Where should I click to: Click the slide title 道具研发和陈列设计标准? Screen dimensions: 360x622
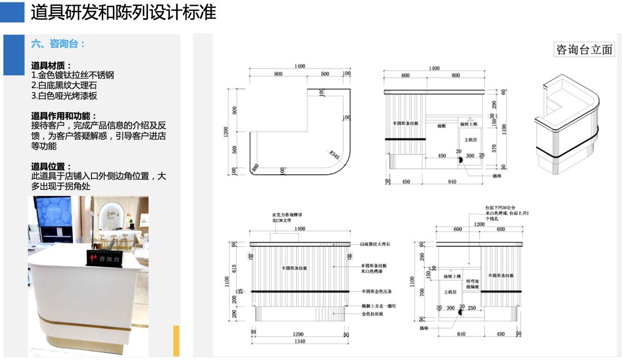(123, 12)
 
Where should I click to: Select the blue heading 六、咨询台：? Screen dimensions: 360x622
(58, 44)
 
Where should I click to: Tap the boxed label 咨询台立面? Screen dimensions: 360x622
(584, 50)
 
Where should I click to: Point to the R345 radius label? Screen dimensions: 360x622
(335, 155)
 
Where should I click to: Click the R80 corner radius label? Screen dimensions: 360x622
(256, 168)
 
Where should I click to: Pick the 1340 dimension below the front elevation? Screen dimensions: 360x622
(300, 341)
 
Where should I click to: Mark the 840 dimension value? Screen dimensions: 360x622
(452, 182)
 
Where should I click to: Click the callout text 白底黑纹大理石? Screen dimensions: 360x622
(375, 244)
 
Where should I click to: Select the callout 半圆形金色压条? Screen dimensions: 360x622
(376, 291)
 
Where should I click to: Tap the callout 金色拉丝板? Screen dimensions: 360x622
(372, 314)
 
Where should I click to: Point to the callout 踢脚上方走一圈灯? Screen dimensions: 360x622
(379, 306)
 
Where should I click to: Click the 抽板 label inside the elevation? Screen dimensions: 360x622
(441, 126)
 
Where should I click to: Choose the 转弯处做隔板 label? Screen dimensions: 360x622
(473, 284)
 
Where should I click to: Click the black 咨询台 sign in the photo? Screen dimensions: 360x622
(104, 258)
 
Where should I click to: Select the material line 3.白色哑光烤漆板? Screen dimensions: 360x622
(64, 96)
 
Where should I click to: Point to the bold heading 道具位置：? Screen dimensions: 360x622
(51, 166)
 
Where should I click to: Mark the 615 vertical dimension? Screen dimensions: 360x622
(234, 268)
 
